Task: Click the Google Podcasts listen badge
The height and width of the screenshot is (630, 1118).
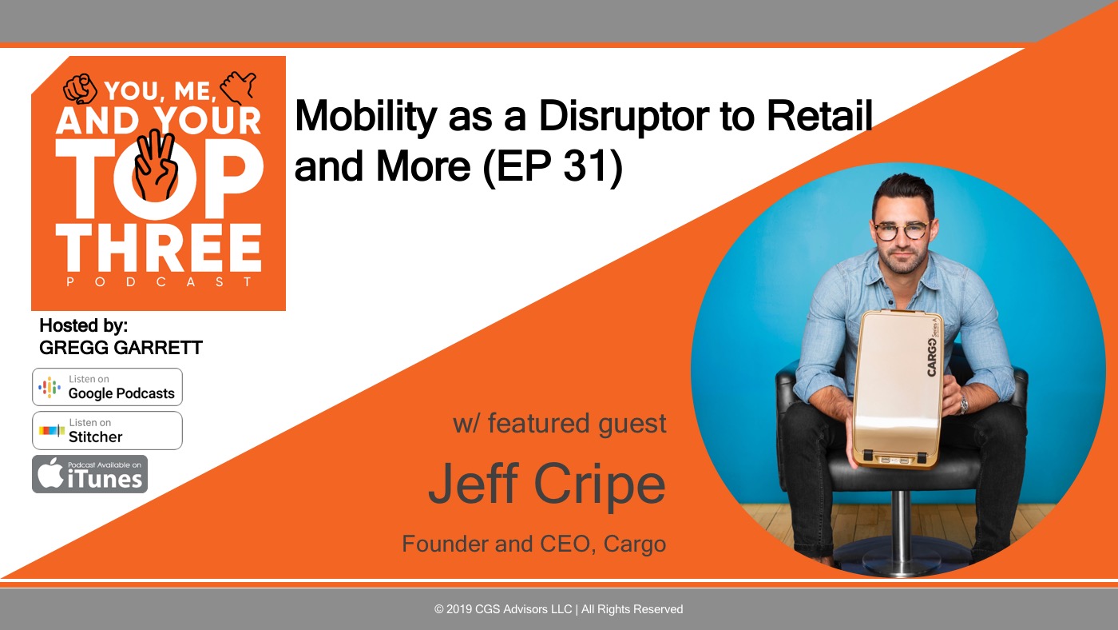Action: tap(107, 387)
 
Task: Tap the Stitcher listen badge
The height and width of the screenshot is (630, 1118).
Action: tap(107, 431)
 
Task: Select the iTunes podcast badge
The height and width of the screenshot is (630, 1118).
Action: tap(89, 474)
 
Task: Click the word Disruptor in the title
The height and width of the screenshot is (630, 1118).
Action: tap(624, 116)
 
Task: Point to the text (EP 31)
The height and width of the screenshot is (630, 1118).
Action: tap(553, 166)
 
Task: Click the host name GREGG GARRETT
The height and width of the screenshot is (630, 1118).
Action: tap(121, 348)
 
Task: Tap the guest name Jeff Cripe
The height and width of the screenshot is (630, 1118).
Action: tap(547, 484)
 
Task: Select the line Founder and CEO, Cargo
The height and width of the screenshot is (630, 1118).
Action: tap(534, 544)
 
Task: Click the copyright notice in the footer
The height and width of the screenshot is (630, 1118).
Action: tap(558, 609)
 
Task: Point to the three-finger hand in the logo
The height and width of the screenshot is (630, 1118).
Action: tap(156, 165)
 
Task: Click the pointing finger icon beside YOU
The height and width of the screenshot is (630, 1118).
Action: tap(80, 89)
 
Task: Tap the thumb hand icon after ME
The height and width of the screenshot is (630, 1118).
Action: tap(238, 87)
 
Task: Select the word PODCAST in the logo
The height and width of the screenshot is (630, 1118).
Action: tap(159, 282)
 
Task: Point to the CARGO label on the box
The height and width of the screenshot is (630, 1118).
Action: tap(931, 357)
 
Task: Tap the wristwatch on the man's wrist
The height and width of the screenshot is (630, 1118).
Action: tap(963, 404)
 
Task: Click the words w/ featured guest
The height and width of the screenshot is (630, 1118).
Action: tap(560, 424)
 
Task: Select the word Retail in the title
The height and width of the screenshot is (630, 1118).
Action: tap(819, 116)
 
